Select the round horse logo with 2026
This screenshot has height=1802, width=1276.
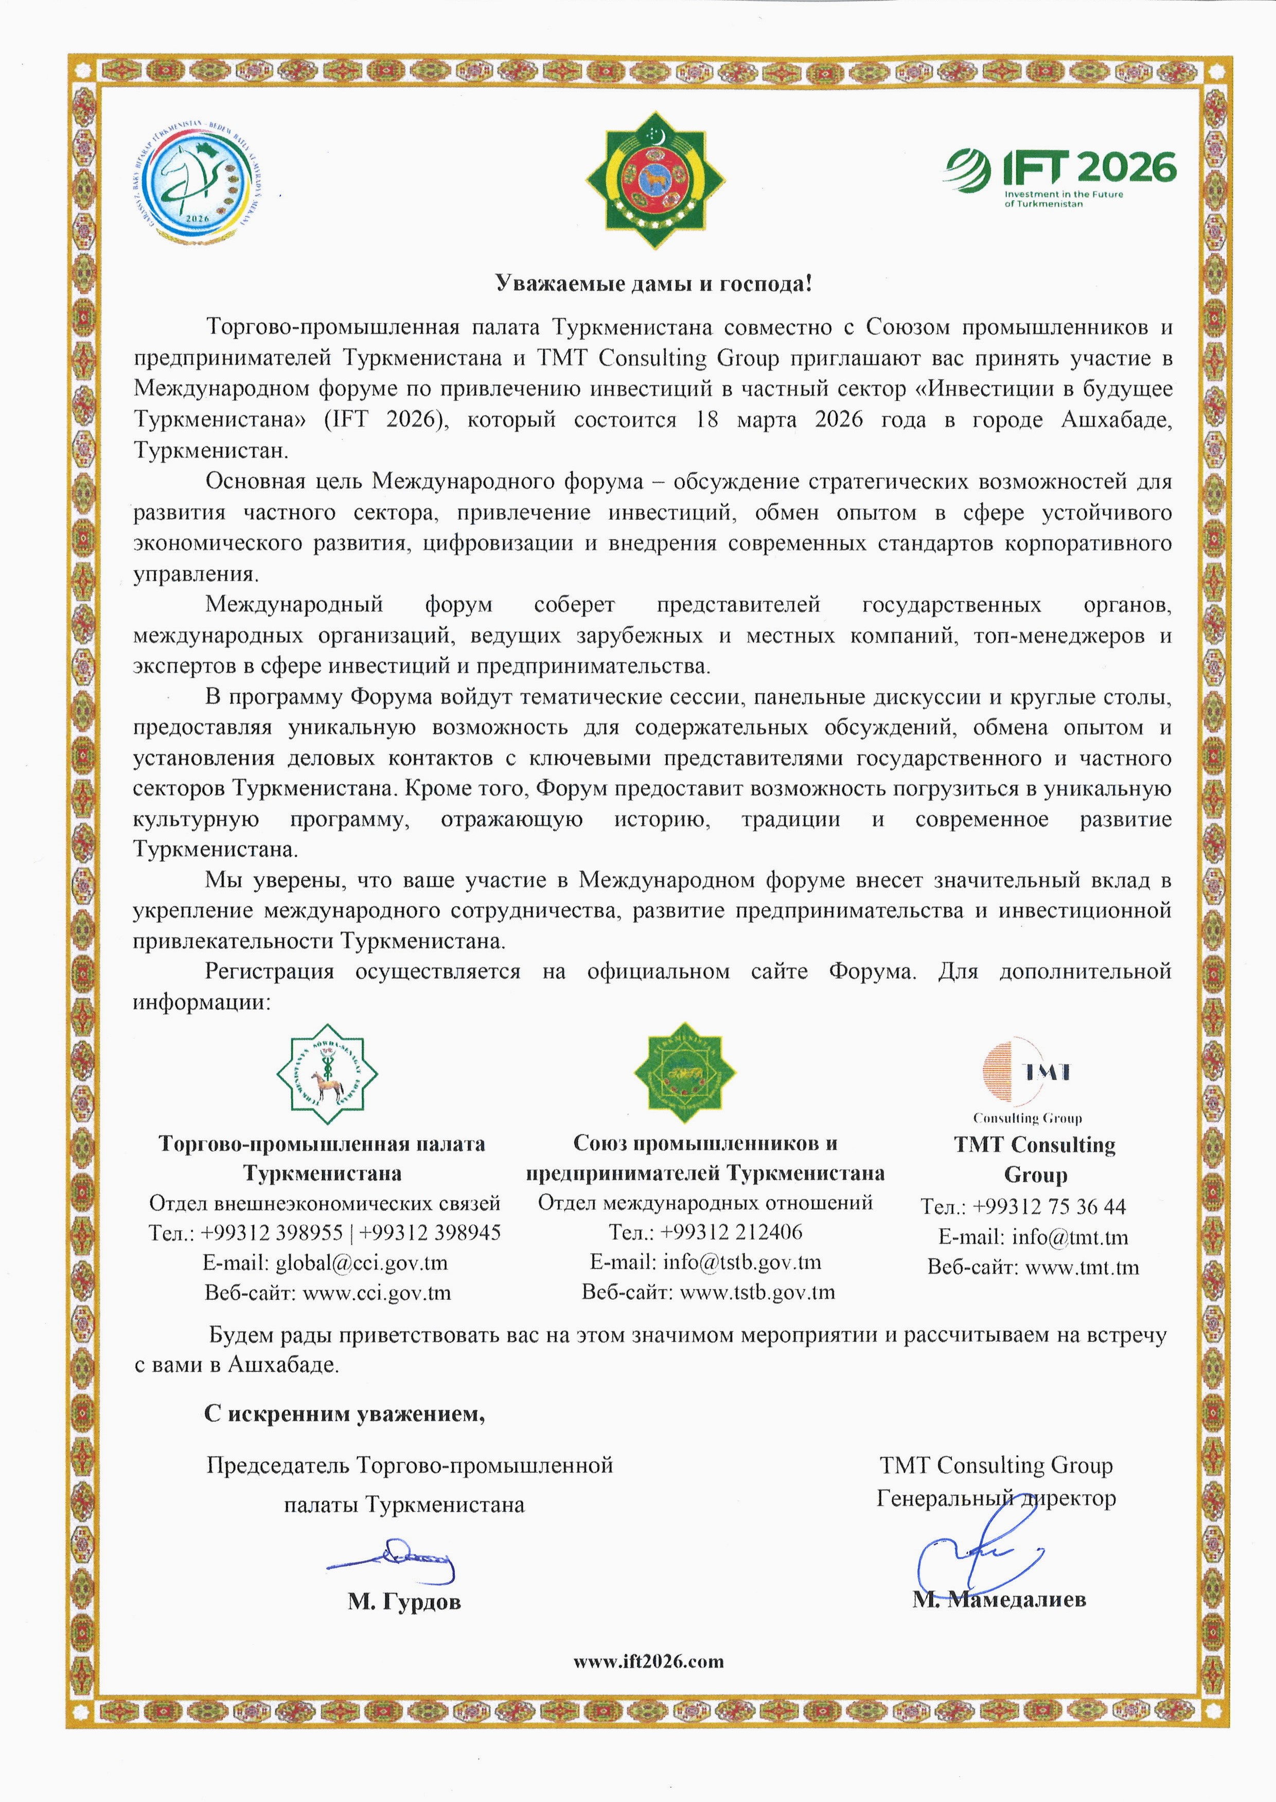(197, 182)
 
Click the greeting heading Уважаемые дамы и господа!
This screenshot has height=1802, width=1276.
(653, 284)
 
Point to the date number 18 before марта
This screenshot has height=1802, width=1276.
(707, 420)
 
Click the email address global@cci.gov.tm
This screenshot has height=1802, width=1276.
(361, 1262)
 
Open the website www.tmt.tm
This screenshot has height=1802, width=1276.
(1082, 1267)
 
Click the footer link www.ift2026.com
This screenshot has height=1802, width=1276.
(648, 1662)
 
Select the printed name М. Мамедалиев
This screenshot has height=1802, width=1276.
(999, 1599)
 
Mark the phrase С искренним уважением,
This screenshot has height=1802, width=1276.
(344, 1414)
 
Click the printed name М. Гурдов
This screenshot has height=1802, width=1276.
(404, 1602)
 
